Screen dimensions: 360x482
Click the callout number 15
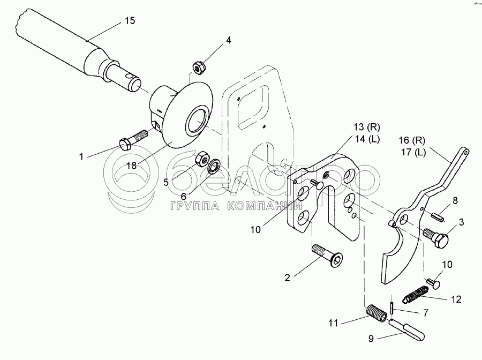click(129, 21)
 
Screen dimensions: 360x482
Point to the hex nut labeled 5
click(202, 158)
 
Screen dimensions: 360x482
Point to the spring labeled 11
click(375, 313)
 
